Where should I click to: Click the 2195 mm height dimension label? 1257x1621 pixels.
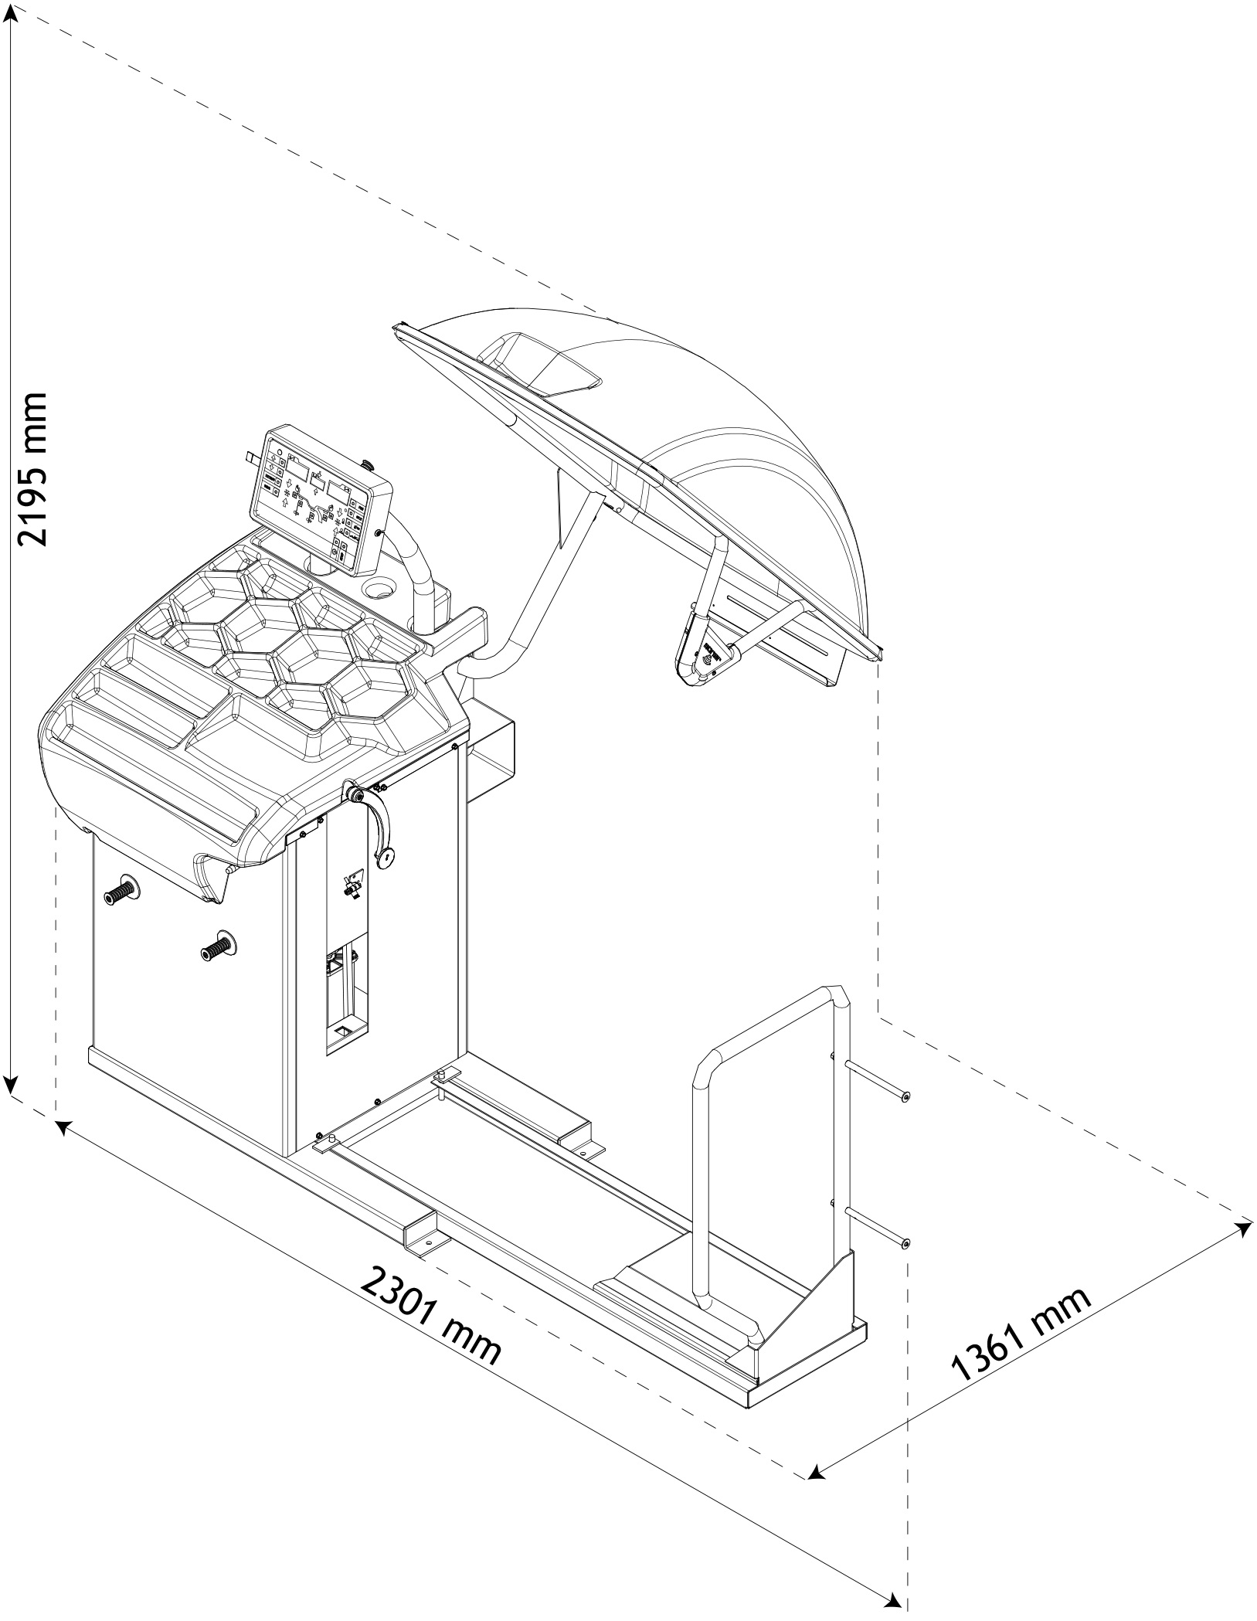32,469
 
